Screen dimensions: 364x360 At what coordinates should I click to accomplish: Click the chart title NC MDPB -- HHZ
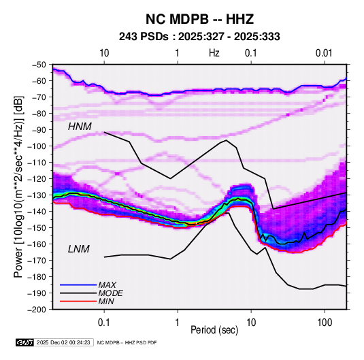point(199,19)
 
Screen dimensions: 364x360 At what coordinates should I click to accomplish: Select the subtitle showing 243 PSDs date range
point(199,37)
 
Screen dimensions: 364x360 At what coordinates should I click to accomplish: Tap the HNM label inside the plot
point(80,127)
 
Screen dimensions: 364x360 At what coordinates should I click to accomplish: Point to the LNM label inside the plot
point(79,249)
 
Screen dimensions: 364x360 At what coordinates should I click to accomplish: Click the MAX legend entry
point(107,284)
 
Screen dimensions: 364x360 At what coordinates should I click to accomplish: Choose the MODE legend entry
point(110,293)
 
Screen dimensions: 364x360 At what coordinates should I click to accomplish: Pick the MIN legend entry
point(106,301)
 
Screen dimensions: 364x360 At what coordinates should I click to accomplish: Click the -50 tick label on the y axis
point(39,65)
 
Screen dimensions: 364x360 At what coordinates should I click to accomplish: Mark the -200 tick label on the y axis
point(37,310)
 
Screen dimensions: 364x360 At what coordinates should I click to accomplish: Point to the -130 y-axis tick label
point(37,195)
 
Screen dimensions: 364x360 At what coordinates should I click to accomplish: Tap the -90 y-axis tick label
point(39,130)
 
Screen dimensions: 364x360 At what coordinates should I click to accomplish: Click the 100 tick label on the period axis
point(325,323)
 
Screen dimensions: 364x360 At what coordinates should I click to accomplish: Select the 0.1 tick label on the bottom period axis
point(104,323)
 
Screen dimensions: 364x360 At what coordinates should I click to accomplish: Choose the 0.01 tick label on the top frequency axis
point(324,53)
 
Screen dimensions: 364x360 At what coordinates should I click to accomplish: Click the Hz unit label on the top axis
point(214,53)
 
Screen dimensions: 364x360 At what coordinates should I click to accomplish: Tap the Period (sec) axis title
point(214,330)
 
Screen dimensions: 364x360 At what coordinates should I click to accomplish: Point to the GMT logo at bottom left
point(24,342)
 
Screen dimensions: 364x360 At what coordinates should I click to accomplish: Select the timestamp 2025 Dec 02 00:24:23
point(63,342)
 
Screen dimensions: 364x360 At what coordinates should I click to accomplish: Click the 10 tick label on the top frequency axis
point(104,53)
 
